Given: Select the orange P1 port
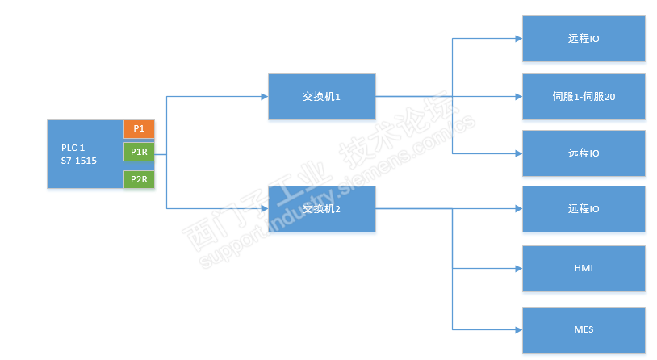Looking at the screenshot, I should pos(139,128).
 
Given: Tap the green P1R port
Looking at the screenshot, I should pos(139,153).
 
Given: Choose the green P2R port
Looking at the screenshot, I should pos(139,179).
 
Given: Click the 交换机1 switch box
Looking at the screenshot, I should pos(321,96).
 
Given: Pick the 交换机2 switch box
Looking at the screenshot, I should pos(321,208).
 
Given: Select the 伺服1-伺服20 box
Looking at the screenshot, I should pos(584,96).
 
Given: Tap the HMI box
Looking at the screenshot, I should pos(584,268).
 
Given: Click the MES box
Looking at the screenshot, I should pos(584,329).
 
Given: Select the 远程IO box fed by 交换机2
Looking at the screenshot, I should pos(584,209).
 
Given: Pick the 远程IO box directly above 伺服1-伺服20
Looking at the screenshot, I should pos(584,38).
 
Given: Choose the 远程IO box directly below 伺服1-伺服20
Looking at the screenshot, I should pos(584,153).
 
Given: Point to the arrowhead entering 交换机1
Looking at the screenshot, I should pos(264,96).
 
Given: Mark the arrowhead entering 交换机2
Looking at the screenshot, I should pos(264,208).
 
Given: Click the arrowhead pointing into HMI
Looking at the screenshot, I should pos(518,268).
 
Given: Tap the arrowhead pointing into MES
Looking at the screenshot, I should pos(518,329).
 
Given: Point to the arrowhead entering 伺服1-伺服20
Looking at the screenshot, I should pos(518,96).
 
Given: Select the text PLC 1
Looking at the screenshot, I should pos(73,148).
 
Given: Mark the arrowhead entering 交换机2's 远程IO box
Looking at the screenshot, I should pos(518,209).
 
